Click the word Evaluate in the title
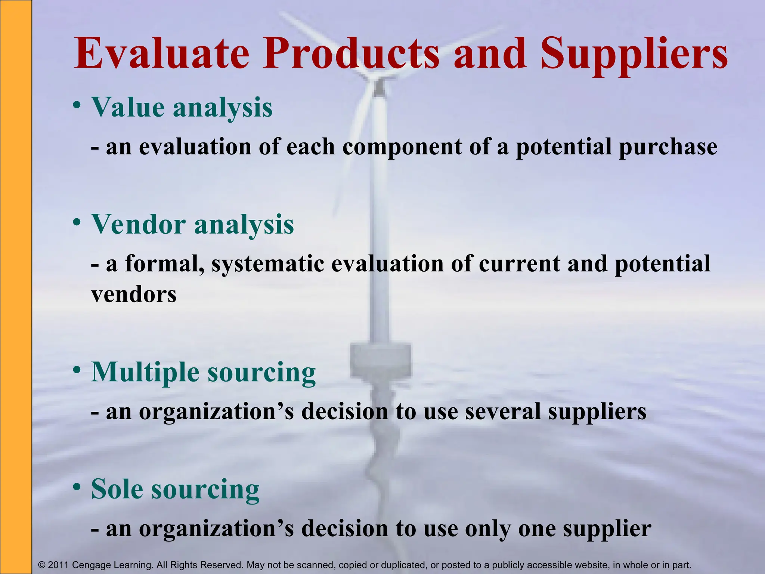tap(161, 54)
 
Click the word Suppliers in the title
tap(634, 54)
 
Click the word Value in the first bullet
tap(127, 108)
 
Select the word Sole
tap(117, 489)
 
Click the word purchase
tap(668, 147)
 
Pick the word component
tap(402, 147)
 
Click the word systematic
tap(267, 264)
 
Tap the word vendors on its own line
tap(134, 295)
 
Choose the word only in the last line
tap(487, 529)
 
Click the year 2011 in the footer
tap(59, 565)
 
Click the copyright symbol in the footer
tap(42, 565)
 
